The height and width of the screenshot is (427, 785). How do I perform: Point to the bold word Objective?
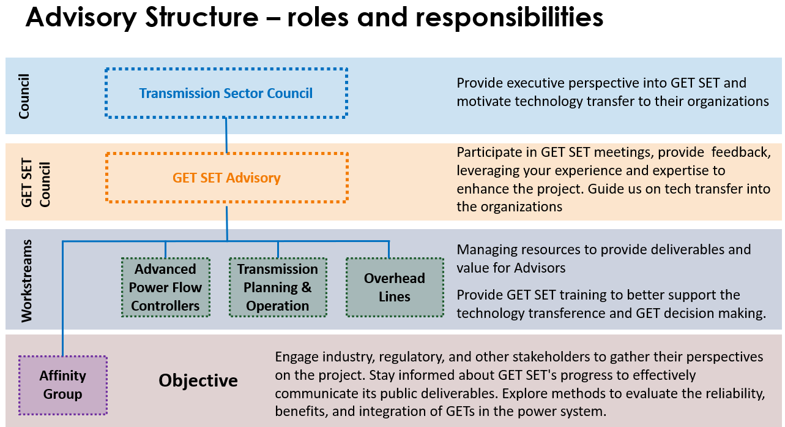198,380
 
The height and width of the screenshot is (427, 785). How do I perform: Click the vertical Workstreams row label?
27,281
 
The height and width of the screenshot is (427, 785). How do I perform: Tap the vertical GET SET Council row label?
35,183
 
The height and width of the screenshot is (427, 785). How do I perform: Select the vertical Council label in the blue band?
24,96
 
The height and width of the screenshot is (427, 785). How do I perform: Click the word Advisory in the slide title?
81,18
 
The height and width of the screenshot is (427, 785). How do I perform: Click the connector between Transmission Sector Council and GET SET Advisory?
226,135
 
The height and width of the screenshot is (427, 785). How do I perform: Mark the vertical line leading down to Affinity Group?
63,298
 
